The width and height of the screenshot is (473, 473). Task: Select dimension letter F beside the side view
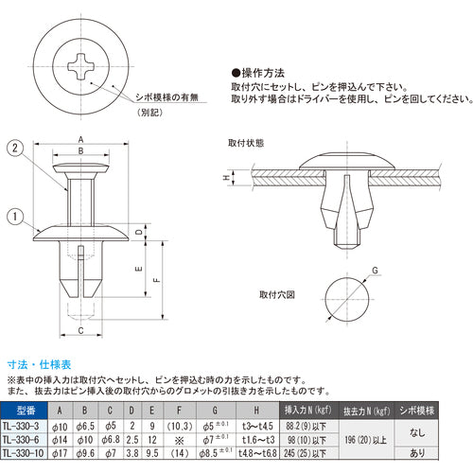pos(157,281)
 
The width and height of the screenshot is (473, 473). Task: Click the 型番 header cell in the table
pos(26,410)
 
